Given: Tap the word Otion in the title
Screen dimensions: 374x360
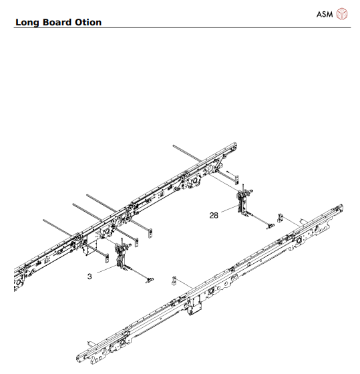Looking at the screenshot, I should click(89, 22).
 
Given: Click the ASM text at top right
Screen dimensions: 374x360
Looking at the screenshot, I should click(324, 13).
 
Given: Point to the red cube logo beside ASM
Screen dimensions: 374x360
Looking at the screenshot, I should click(342, 13).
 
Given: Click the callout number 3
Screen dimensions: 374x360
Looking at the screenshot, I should click(90, 275).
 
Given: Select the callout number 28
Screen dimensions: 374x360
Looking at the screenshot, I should click(214, 215).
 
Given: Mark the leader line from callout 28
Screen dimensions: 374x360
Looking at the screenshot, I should click(227, 210).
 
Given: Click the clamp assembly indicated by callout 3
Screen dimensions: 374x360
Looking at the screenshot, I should click(122, 257).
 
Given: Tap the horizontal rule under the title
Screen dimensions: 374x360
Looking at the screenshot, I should click(180, 28).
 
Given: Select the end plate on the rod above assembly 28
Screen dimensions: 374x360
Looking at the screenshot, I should click(230, 172).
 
